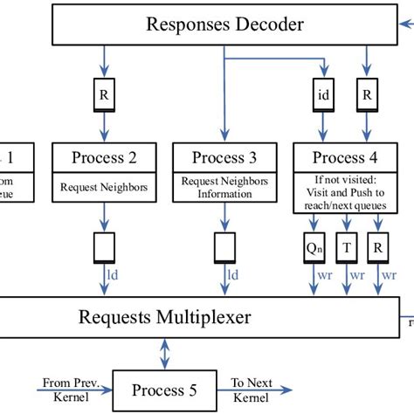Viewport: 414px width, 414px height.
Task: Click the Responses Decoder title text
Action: point(224,24)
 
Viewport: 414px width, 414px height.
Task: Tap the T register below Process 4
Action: point(347,249)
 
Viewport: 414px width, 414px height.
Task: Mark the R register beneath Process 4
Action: point(378,249)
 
